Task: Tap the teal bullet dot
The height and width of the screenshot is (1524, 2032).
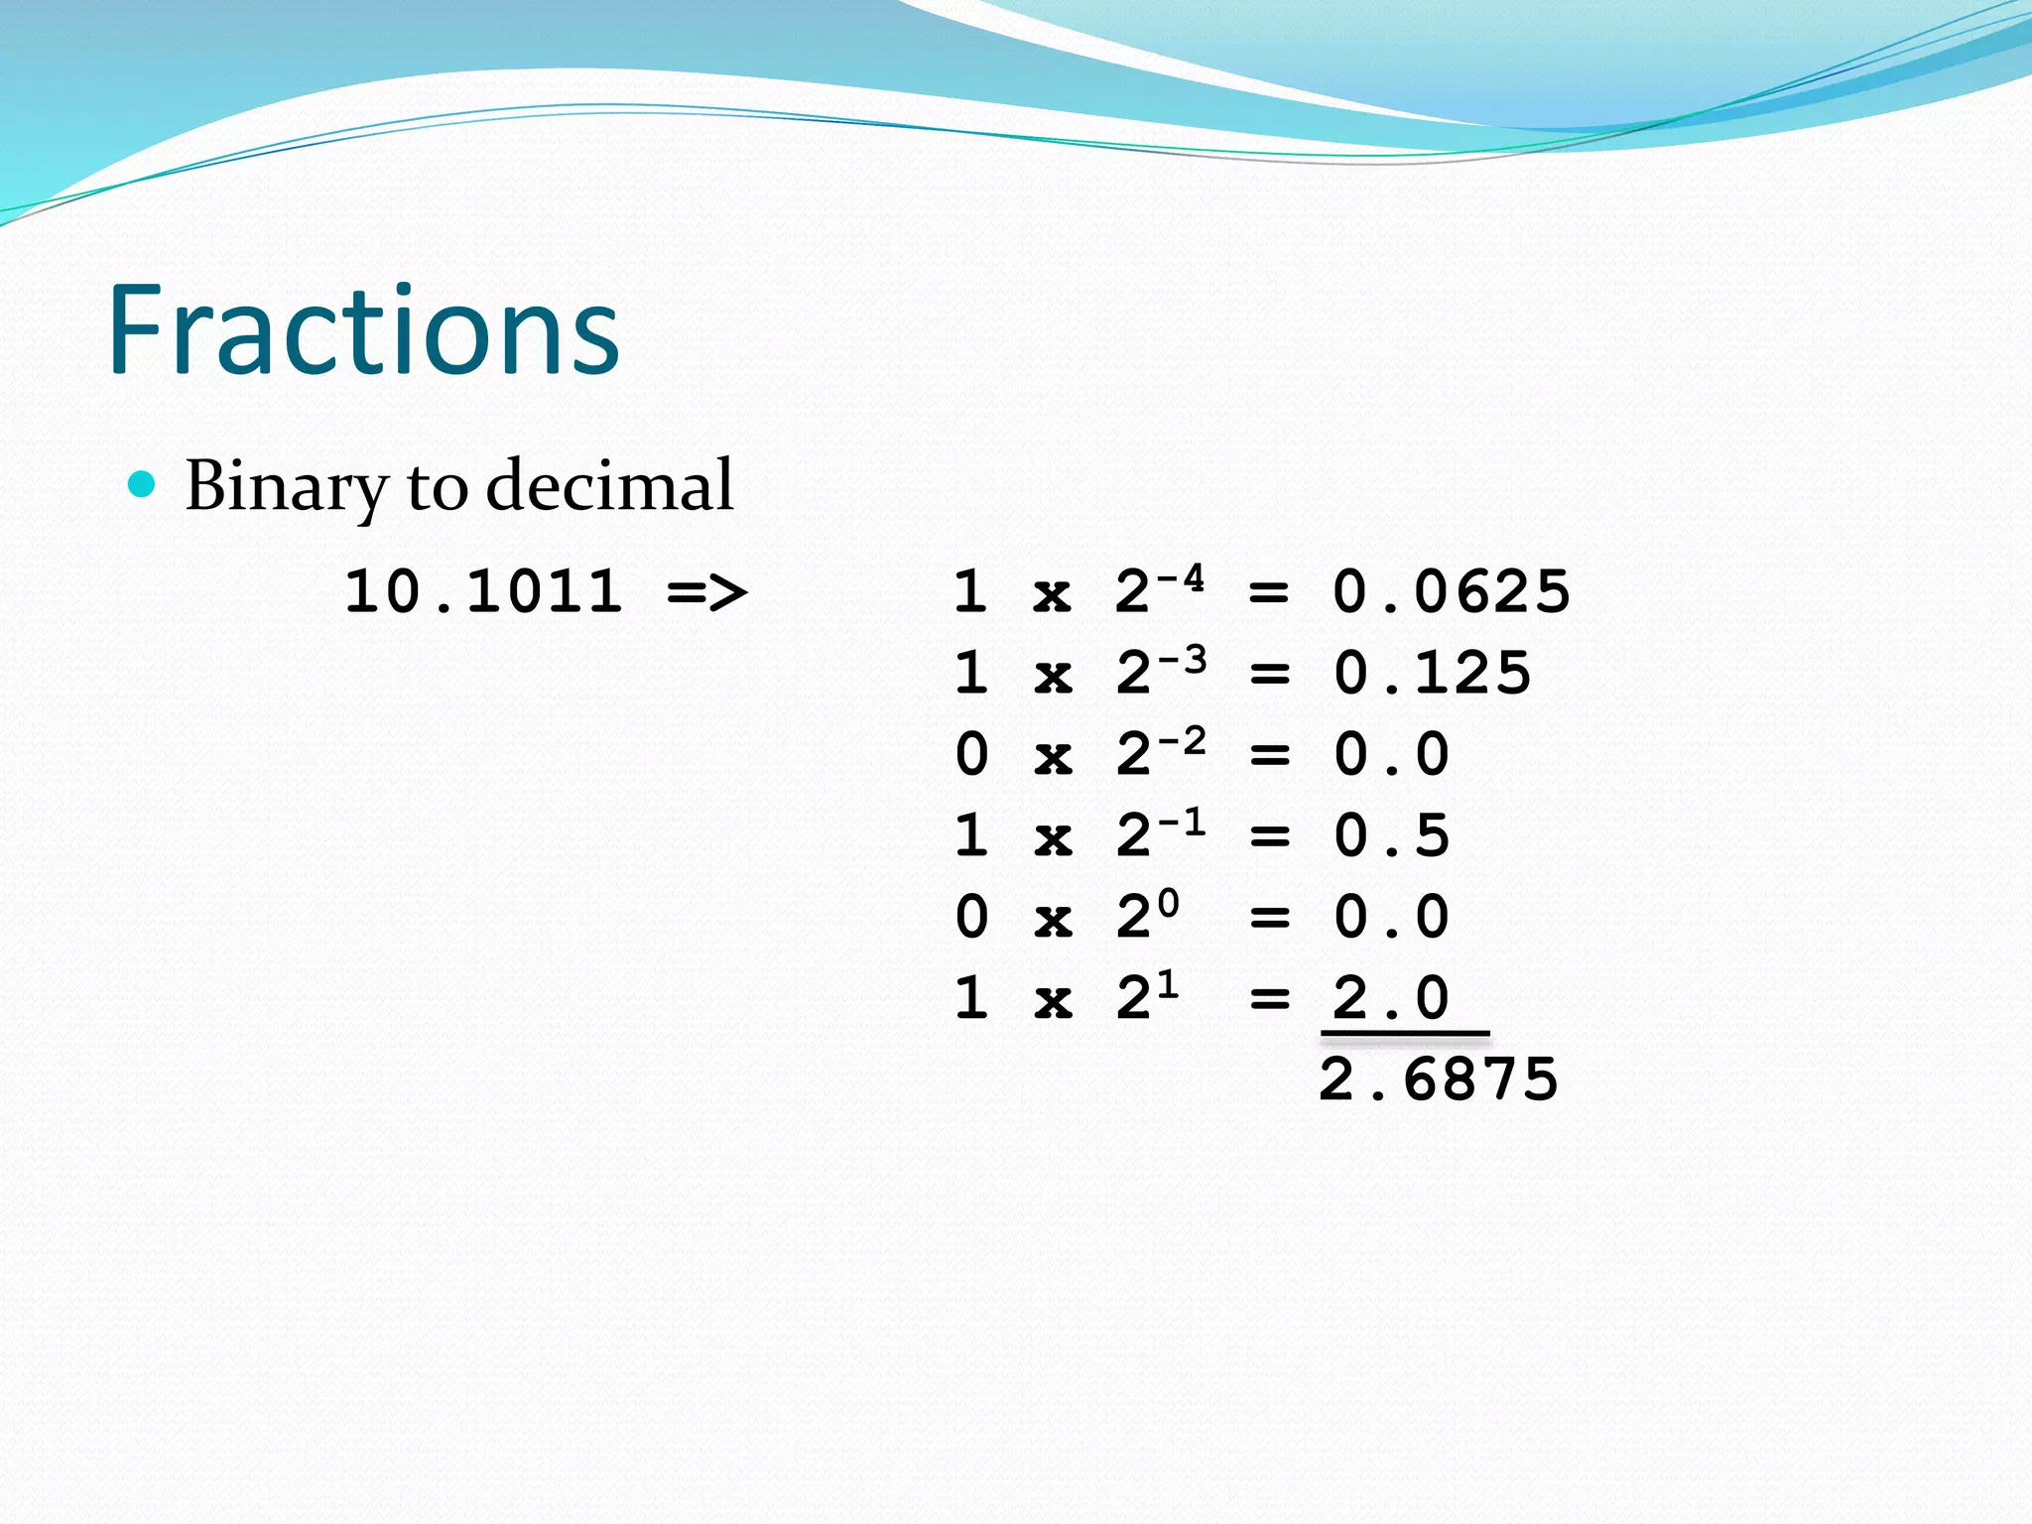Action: [143, 484]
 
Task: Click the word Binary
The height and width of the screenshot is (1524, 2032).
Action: [286, 486]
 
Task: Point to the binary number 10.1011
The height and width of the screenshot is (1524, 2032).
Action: [483, 591]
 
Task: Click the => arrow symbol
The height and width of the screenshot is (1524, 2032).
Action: [707, 592]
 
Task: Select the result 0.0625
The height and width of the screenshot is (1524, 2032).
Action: [1451, 592]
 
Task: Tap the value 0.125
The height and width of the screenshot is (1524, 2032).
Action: [1432, 674]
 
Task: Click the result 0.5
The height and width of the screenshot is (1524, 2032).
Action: [1391, 836]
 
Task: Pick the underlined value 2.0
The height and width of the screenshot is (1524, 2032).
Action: [1391, 998]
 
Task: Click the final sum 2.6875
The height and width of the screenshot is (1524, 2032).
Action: [1439, 1079]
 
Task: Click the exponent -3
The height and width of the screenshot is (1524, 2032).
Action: [1182, 659]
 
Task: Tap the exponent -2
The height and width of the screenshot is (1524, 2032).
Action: [1182, 740]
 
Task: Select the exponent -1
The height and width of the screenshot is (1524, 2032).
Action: [1182, 822]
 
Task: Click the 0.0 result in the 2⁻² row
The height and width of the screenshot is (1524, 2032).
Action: [1391, 755]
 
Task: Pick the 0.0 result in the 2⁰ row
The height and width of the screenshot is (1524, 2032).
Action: [1391, 918]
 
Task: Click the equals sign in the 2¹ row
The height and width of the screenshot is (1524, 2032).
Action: [1269, 998]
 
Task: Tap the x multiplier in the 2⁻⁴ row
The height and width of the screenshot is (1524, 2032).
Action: [1053, 595]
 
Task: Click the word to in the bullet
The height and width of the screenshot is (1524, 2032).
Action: [437, 486]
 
